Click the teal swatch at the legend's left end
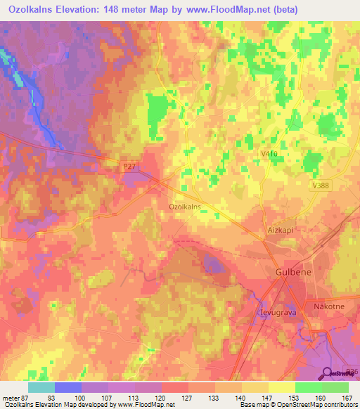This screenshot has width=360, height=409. click(x=41, y=387)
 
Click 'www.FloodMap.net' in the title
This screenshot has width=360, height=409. click(x=221, y=9)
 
